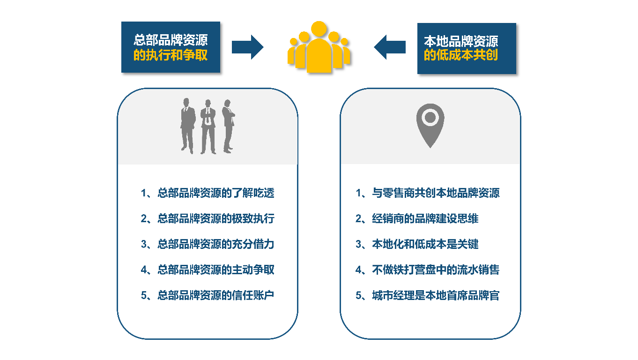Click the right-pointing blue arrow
pyautogui.click(x=247, y=47)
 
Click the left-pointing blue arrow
pyautogui.click(x=390, y=47)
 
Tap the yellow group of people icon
pyautogui.click(x=319, y=47)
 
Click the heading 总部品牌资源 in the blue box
pyautogui.click(x=171, y=40)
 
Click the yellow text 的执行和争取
pyautogui.click(x=171, y=55)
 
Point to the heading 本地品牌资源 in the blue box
pyautogui.click(x=461, y=41)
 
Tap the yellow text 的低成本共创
pyautogui.click(x=461, y=55)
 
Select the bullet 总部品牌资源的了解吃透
pyautogui.click(x=208, y=193)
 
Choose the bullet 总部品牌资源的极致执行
pyautogui.click(x=208, y=218)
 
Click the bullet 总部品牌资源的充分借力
pyautogui.click(x=208, y=244)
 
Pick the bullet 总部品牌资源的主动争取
pyautogui.click(x=208, y=270)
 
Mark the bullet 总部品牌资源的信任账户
pyautogui.click(x=208, y=295)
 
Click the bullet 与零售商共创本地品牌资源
pyautogui.click(x=428, y=193)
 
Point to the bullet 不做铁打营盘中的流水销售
pyautogui.click(x=428, y=270)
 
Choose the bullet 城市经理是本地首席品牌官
pyautogui.click(x=428, y=295)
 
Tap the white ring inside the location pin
pyautogui.click(x=430, y=116)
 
